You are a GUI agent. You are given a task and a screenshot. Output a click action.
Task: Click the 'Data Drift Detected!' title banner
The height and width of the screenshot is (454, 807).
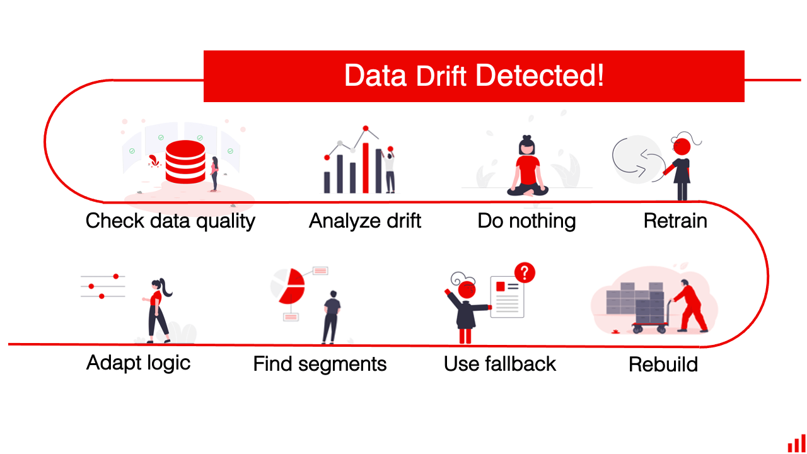pos(474,76)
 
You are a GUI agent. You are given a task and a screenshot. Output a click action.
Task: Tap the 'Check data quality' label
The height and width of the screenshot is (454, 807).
pos(170,221)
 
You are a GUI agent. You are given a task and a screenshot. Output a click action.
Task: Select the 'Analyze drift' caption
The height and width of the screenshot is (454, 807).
pos(365,221)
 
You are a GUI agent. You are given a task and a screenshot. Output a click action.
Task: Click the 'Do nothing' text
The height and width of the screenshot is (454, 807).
pos(526,221)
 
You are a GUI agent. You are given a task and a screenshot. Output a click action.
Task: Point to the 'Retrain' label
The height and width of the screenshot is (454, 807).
pos(675,221)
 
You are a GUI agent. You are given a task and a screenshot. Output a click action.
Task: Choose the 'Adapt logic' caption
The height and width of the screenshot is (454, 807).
pos(138,363)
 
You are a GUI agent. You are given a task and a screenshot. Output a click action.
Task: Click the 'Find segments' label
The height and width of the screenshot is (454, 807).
pos(320,364)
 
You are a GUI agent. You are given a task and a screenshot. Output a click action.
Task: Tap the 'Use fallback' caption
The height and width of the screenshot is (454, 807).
pos(500,364)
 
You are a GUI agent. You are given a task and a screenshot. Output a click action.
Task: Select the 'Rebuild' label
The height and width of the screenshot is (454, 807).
pos(663,364)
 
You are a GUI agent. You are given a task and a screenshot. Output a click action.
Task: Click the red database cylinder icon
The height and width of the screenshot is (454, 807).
pos(185,162)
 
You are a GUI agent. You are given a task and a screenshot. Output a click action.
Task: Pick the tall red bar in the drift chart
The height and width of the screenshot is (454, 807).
pos(365,168)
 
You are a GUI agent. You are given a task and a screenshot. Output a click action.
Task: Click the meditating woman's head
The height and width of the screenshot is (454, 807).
pos(526,147)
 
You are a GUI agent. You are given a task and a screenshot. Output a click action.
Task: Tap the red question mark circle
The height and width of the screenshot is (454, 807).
pos(525,273)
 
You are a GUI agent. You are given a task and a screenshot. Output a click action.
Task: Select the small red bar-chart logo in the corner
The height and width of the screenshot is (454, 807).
pos(796,443)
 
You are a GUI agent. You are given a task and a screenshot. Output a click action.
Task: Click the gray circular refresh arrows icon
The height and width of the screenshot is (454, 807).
pos(637,160)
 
